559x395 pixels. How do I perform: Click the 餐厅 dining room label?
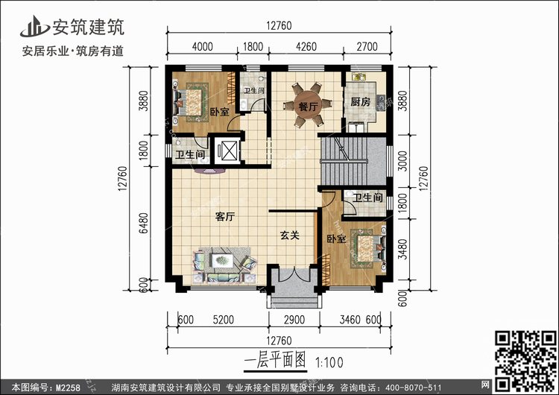308,107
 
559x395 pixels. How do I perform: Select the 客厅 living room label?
225,218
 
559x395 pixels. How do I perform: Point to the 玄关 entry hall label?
289,236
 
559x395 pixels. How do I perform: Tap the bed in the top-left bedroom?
193,101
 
